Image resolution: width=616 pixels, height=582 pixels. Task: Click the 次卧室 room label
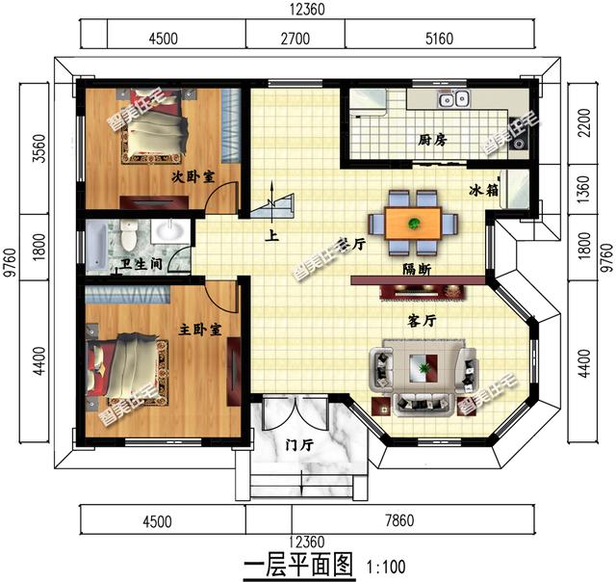click(192, 176)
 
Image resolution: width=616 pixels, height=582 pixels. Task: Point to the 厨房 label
click(432, 141)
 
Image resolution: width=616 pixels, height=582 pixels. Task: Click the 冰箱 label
click(484, 190)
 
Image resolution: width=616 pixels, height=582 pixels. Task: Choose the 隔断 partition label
click(417, 269)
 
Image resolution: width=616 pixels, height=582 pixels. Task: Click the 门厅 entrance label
click(300, 445)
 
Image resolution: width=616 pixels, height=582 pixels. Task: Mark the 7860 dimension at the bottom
click(398, 521)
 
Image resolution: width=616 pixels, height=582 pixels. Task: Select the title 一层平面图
click(299, 563)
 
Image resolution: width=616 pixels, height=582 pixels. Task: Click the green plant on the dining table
click(414, 224)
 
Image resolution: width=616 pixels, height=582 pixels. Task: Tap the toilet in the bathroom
click(127, 234)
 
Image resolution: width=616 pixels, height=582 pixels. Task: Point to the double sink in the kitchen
click(451, 98)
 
